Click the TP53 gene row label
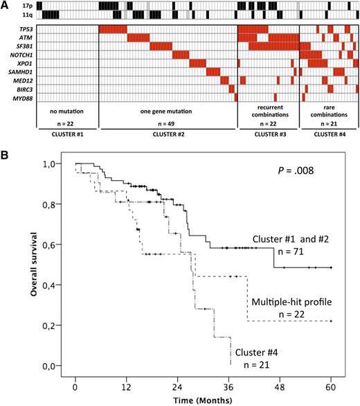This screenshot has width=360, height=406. [x=20, y=28]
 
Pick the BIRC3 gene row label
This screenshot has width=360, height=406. [x=19, y=89]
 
